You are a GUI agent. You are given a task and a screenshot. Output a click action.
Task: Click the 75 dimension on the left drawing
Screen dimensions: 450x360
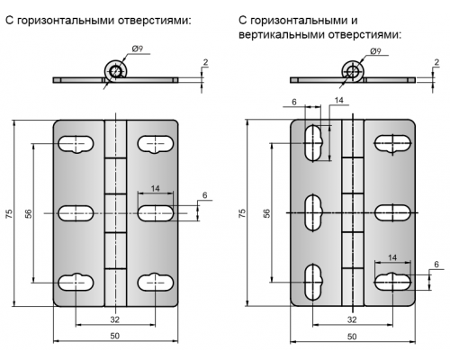10,213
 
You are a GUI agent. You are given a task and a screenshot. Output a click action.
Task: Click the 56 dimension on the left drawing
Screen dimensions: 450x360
28,213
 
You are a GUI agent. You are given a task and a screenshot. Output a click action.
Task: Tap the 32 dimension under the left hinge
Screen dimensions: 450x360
115,319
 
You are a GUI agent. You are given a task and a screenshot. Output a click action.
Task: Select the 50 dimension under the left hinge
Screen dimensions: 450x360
115,336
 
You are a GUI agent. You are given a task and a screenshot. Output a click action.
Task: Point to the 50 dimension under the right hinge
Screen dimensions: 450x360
352,337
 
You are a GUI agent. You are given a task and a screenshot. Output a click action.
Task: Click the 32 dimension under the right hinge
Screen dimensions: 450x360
352,319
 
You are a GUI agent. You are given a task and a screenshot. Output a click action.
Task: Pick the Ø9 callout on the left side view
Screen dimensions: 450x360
138,49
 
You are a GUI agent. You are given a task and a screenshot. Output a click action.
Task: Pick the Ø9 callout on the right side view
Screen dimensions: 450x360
375,51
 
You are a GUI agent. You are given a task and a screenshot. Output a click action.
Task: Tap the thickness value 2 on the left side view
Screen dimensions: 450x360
205,62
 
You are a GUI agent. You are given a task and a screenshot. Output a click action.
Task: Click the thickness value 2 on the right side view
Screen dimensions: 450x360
436,62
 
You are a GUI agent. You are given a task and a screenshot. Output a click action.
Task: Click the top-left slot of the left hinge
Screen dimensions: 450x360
76,145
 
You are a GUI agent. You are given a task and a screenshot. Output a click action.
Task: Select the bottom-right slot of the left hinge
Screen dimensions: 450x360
156,283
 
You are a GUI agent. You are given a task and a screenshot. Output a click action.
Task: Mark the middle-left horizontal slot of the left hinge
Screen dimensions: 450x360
76,213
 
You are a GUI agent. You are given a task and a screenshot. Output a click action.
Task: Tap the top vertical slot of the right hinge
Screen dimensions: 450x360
313,143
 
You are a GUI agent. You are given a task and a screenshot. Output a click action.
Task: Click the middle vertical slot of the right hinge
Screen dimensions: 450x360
313,213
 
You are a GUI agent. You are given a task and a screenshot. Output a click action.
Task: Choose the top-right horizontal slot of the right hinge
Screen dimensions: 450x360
392,143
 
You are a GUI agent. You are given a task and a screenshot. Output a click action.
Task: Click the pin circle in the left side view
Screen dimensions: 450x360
115,71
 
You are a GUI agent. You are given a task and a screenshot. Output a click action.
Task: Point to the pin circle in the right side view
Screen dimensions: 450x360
353,71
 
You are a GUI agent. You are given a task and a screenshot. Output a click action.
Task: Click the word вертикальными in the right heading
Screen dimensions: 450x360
282,34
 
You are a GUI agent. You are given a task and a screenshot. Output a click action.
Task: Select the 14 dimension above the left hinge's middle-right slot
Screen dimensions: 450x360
155,189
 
